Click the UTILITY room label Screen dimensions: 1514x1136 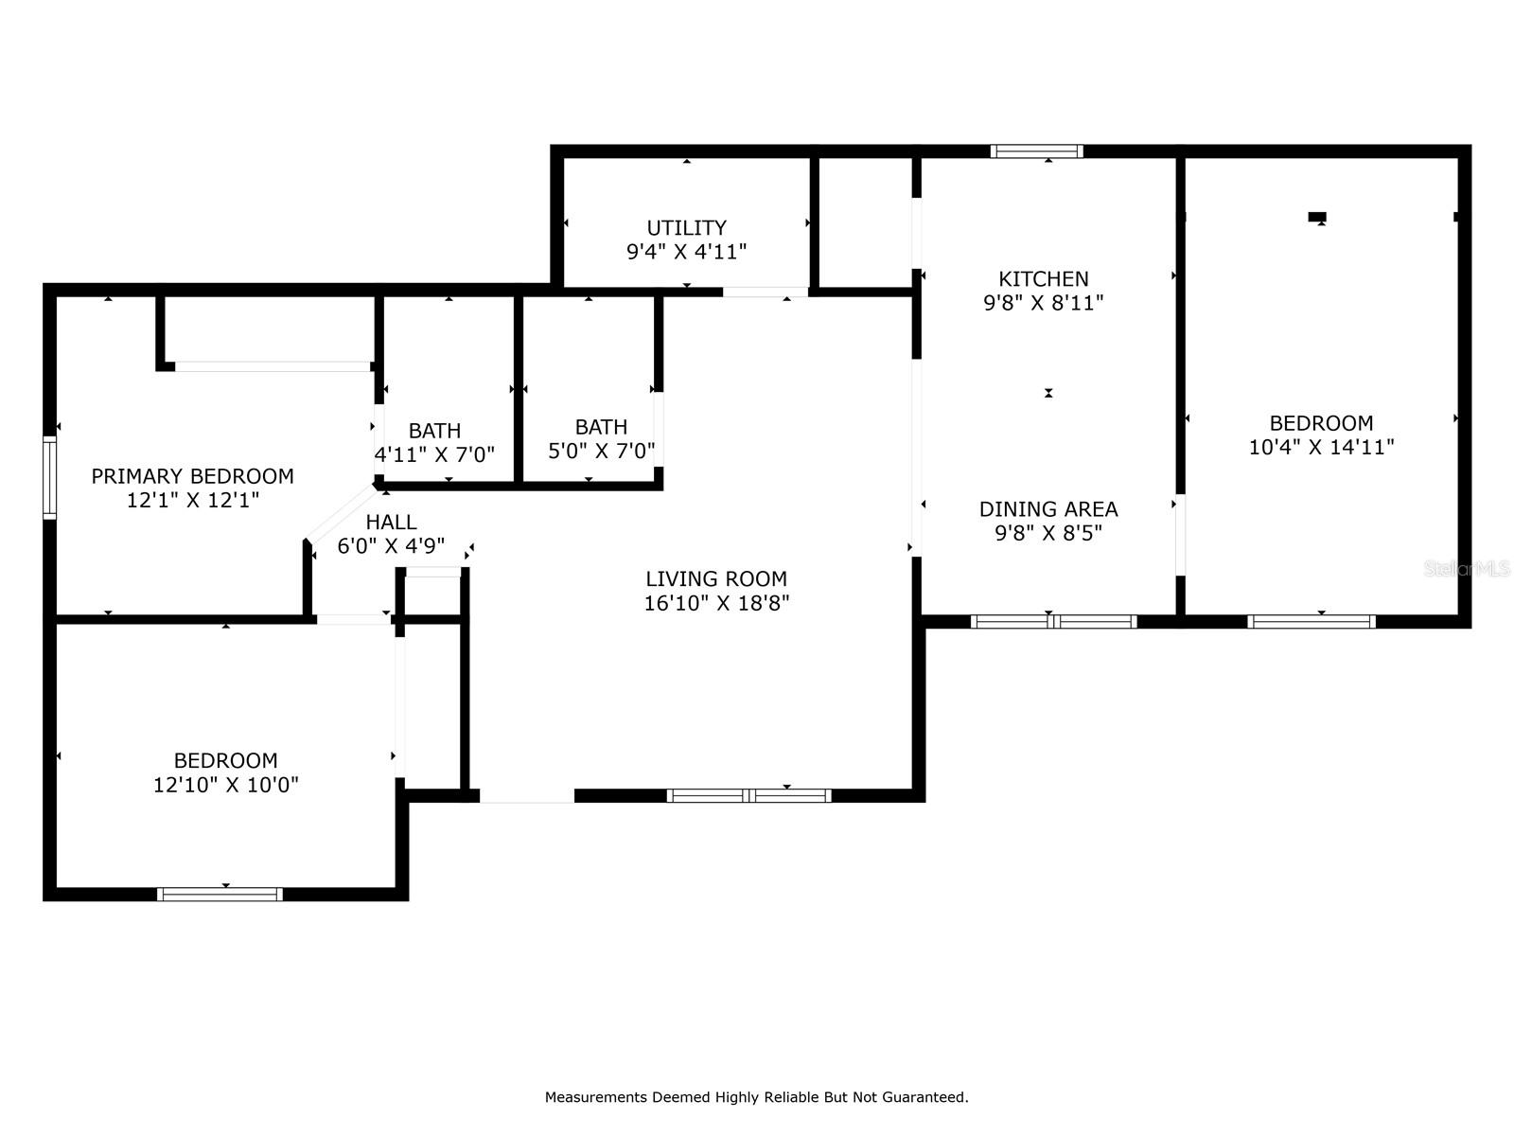(686, 227)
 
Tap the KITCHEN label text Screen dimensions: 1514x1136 (1044, 278)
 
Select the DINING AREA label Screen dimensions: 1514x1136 (1048, 509)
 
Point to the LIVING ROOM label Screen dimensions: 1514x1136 (716, 578)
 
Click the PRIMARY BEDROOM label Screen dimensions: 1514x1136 (192, 476)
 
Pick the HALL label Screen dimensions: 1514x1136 (391, 523)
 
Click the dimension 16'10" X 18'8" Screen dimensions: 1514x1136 (716, 604)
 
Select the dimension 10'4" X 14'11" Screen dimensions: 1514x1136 (1322, 447)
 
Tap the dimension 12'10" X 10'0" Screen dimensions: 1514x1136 (225, 785)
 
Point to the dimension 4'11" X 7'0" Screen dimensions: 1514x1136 (434, 454)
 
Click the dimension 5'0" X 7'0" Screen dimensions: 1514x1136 (602, 452)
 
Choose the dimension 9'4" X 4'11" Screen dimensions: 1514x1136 (686, 252)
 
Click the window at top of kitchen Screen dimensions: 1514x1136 (1037, 151)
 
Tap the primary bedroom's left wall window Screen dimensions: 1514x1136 (49, 477)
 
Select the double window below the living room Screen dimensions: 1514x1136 (749, 795)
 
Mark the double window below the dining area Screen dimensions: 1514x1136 (1054, 621)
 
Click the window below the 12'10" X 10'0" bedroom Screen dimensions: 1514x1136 (220, 895)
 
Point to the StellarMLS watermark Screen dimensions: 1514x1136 (1467, 569)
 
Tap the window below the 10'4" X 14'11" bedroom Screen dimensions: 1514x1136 (1312, 621)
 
